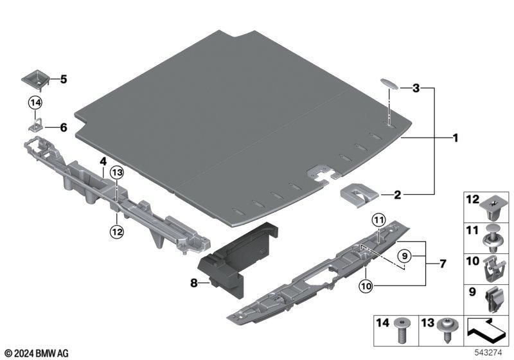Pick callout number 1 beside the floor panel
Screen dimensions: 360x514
tap(455, 137)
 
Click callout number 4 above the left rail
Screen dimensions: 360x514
tap(102, 161)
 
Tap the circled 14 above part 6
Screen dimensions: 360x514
tap(35, 102)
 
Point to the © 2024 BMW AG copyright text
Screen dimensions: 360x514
tap(37, 353)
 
